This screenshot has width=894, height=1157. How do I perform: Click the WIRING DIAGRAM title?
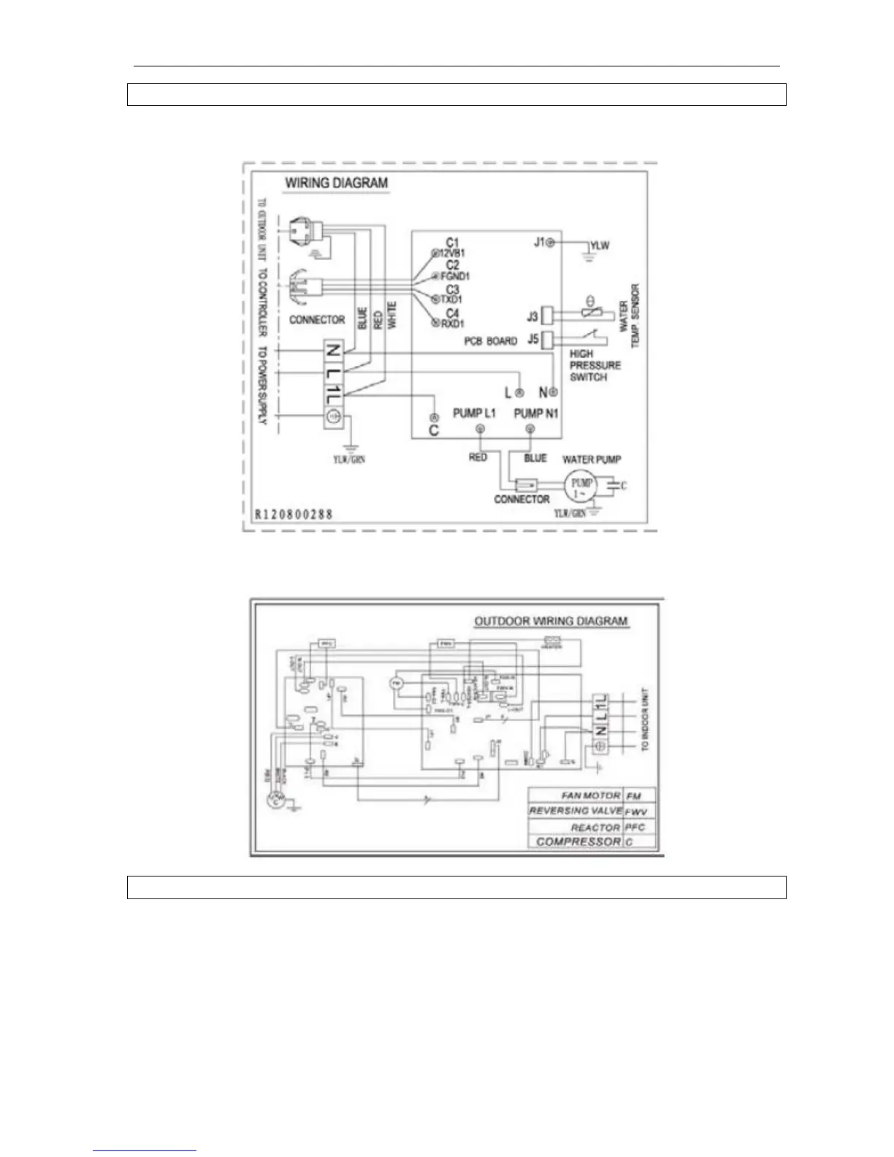336,183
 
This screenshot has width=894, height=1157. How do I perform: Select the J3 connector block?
552,316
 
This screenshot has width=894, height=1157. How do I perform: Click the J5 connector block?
552,339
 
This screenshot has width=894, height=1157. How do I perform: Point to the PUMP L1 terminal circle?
479,429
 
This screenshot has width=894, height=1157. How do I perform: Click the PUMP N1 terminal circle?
530,429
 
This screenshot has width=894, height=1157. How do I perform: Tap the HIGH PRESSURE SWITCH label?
595,365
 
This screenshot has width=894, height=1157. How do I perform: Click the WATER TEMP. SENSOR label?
629,316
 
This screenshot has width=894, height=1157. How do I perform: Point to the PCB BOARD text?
490,341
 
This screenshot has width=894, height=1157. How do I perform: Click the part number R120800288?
294,514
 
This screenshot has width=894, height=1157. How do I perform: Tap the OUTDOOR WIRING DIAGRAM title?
551,622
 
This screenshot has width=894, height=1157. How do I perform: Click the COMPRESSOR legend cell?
578,841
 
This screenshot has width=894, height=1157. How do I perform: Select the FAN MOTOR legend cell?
590,795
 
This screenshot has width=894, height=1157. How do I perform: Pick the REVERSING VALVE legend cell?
576,811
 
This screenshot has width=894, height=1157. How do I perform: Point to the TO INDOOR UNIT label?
645,719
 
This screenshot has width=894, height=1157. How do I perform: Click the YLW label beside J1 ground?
600,245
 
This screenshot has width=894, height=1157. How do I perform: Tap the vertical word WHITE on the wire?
392,315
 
